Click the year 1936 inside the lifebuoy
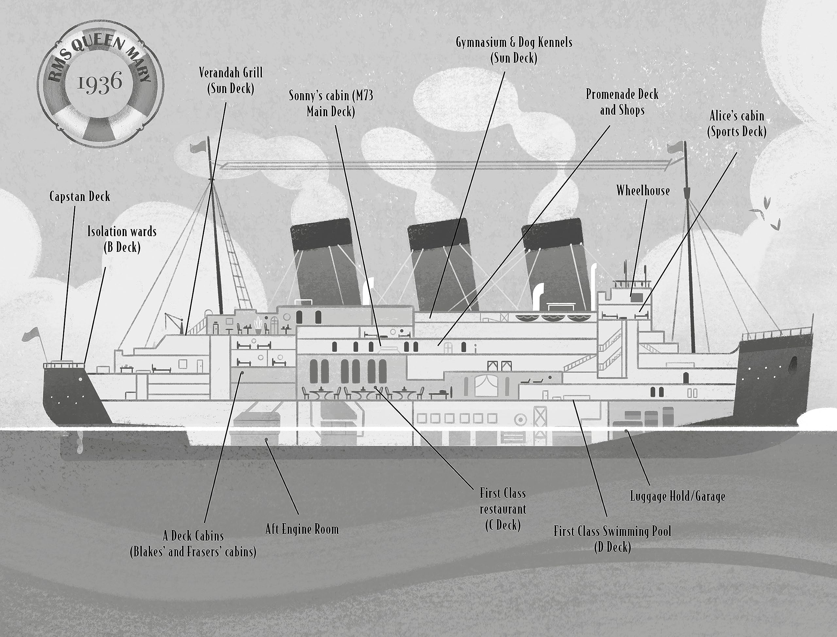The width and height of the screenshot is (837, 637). click(100, 83)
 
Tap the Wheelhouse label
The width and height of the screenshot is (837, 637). click(643, 190)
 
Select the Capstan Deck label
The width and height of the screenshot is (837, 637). click(80, 196)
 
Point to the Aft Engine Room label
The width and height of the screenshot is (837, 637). click(302, 529)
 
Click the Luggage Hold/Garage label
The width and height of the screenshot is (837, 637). click(677, 496)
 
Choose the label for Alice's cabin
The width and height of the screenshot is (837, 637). click(736, 123)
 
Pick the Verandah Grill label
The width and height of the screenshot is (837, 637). click(231, 80)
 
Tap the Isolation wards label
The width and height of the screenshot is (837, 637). click(122, 239)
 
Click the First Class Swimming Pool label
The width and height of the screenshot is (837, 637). click(612, 539)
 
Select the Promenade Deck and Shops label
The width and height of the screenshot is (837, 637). click(622, 102)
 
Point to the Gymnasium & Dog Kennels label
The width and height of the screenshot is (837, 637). click(514, 50)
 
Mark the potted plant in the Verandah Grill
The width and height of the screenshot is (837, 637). click(258, 325)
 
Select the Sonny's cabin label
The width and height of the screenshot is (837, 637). click(331, 104)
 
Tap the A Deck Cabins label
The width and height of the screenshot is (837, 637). click(193, 544)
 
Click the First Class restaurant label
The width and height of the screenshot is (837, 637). click(503, 509)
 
